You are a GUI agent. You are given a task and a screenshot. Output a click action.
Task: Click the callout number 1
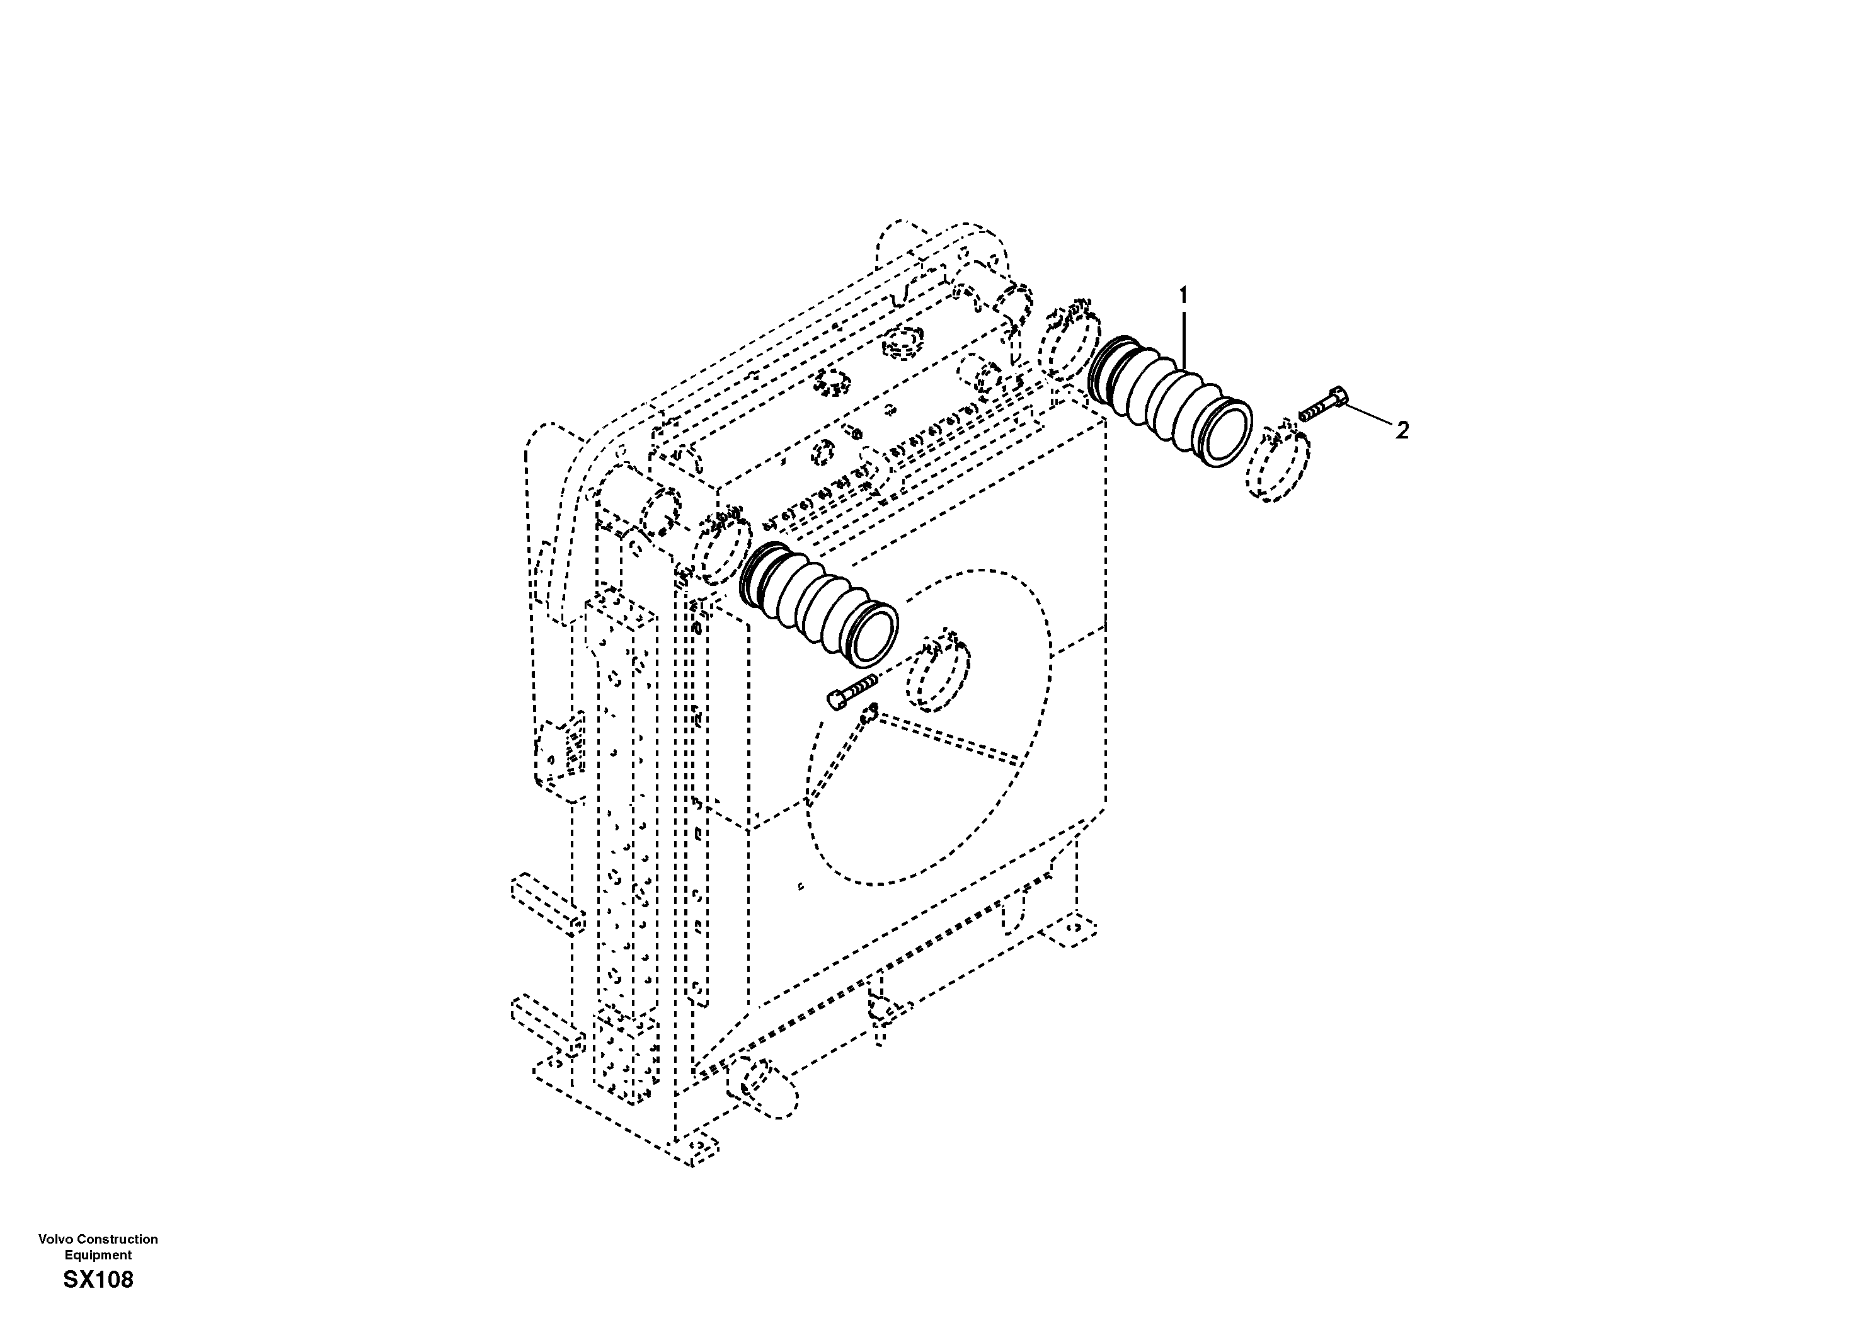1184,295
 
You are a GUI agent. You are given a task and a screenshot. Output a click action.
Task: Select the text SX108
98,1280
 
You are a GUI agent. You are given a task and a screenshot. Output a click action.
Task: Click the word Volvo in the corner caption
55,1239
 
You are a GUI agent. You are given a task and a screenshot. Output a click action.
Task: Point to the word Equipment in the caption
98,1254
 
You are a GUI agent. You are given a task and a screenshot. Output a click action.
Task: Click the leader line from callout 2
1368,416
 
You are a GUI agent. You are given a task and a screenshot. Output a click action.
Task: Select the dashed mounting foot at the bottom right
1070,932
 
